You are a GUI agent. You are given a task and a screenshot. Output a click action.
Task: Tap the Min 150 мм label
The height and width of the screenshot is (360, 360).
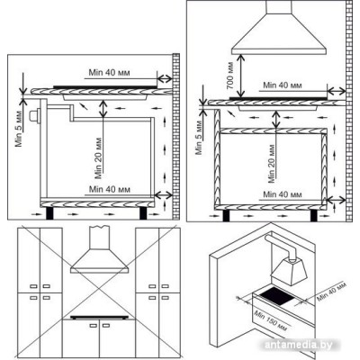click(270, 321)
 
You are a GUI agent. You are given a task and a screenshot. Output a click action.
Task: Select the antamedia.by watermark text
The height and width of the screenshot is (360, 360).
click(299, 345)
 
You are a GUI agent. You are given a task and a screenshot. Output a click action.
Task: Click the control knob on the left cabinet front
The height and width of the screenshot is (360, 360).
click(35, 116)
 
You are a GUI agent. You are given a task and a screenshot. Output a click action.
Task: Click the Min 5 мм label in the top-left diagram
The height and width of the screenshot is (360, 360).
click(19, 129)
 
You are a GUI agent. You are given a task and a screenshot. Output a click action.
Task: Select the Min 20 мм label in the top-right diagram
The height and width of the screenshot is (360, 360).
click(272, 164)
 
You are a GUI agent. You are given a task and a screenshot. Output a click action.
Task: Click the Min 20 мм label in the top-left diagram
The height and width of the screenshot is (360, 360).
click(98, 158)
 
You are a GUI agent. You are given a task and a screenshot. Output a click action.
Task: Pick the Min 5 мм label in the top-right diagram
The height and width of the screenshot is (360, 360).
click(199, 138)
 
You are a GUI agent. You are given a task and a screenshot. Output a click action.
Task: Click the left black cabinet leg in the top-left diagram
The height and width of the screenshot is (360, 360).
click(49, 213)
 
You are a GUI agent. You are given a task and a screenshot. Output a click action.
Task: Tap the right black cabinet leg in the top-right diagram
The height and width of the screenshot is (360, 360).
click(314, 215)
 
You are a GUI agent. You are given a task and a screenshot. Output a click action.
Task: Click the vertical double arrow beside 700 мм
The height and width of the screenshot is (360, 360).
click(240, 76)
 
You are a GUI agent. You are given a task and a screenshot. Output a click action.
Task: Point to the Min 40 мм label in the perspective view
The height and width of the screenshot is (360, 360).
click(331, 292)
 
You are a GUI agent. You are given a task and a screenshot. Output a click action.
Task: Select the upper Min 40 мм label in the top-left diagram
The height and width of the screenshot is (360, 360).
click(109, 73)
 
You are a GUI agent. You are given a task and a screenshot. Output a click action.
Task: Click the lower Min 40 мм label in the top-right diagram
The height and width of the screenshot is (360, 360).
click(283, 194)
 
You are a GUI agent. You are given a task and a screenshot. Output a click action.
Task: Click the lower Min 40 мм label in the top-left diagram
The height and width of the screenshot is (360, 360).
click(110, 190)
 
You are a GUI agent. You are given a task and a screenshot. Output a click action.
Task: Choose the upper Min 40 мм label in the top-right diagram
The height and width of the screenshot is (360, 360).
click(283, 85)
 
